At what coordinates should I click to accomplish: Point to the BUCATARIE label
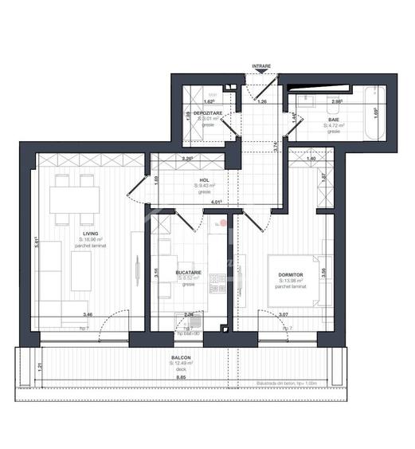(189, 273)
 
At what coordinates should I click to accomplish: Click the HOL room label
(205, 181)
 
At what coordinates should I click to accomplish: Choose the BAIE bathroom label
(334, 120)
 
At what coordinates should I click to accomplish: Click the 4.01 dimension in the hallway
(215, 203)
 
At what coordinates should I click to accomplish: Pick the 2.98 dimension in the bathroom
(337, 101)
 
